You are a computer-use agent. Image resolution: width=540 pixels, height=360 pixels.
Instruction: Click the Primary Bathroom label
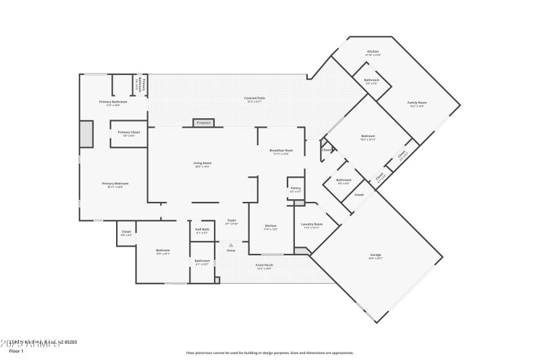113,102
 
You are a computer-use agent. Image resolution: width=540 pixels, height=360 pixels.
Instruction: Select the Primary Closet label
128,132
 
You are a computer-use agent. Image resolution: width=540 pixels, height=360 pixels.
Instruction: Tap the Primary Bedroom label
115,183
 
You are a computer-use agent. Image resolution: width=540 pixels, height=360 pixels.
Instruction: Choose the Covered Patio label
254,99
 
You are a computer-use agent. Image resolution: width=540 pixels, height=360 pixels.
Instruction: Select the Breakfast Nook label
281,151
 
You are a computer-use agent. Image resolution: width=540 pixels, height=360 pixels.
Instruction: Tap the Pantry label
296,188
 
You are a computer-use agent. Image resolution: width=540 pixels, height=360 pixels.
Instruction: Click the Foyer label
231,220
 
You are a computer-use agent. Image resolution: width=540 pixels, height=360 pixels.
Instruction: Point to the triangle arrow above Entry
231,245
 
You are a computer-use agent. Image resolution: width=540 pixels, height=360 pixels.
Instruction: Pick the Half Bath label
202,230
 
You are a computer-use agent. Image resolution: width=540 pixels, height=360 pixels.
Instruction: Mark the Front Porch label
263,265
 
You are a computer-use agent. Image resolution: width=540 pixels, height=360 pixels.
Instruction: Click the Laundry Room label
313,224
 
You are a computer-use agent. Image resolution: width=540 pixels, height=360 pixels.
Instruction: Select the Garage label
375,255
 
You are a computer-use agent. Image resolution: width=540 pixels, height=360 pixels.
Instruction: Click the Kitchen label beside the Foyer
271,226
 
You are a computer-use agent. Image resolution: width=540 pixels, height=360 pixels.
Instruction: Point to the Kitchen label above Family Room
373,52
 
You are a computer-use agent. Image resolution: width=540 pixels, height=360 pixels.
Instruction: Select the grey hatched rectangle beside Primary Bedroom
86,134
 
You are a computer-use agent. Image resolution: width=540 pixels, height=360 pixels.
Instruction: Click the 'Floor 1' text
17,351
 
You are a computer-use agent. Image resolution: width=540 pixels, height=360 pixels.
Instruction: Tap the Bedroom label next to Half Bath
163,251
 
